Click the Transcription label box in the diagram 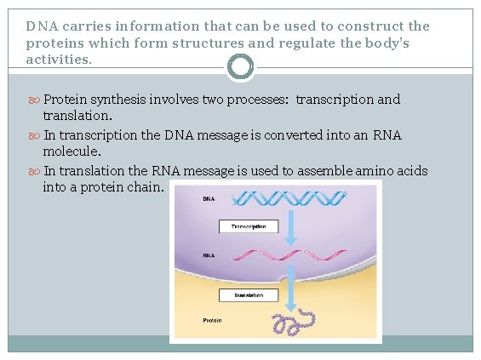click(248, 226)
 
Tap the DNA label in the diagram click(209, 200)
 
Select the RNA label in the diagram click(209, 254)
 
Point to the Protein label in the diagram click(212, 321)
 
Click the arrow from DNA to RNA click(291, 227)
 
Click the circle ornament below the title click(241, 66)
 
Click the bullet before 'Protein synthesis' click(34, 100)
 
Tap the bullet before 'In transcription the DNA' click(34, 135)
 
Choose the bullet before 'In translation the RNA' click(34, 171)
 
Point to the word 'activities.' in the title click(60, 60)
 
